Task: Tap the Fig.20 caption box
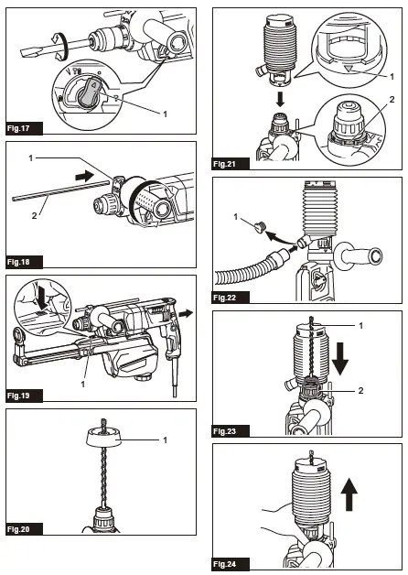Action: tap(24, 529)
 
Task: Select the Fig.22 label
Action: tap(231, 298)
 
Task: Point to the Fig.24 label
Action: tap(231, 564)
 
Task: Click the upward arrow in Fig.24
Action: tap(349, 494)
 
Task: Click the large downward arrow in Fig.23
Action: tap(340, 359)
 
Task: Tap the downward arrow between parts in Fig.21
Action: tap(280, 99)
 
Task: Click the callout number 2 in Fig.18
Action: tap(34, 216)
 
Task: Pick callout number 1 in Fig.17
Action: tap(165, 114)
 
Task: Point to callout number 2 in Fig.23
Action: tap(360, 391)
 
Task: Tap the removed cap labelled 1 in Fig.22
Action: tap(260, 227)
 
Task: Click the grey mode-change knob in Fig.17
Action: tap(88, 92)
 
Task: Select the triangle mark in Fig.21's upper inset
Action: tap(349, 68)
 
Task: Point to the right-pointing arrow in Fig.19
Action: tap(187, 313)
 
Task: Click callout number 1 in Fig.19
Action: tap(82, 384)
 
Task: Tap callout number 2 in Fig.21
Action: tap(392, 100)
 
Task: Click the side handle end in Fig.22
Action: tap(373, 256)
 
